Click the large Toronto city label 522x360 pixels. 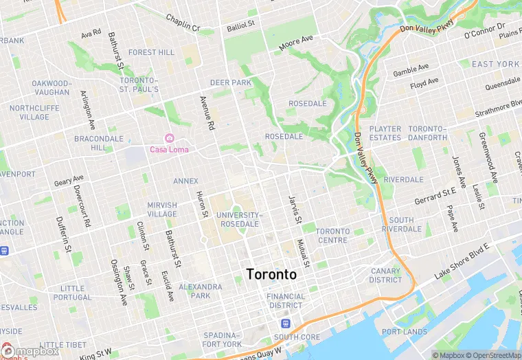271,274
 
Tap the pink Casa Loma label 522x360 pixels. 169,149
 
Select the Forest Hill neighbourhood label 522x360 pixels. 151,52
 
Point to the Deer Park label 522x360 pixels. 230,82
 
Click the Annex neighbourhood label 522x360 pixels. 185,181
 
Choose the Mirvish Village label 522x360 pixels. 162,210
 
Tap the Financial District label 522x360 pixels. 285,301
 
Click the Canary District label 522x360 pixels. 385,275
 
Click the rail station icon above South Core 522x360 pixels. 285,323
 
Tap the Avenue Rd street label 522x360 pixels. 206,112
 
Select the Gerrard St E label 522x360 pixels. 435,196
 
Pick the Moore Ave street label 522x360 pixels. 296,45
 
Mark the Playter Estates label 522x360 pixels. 385,133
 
